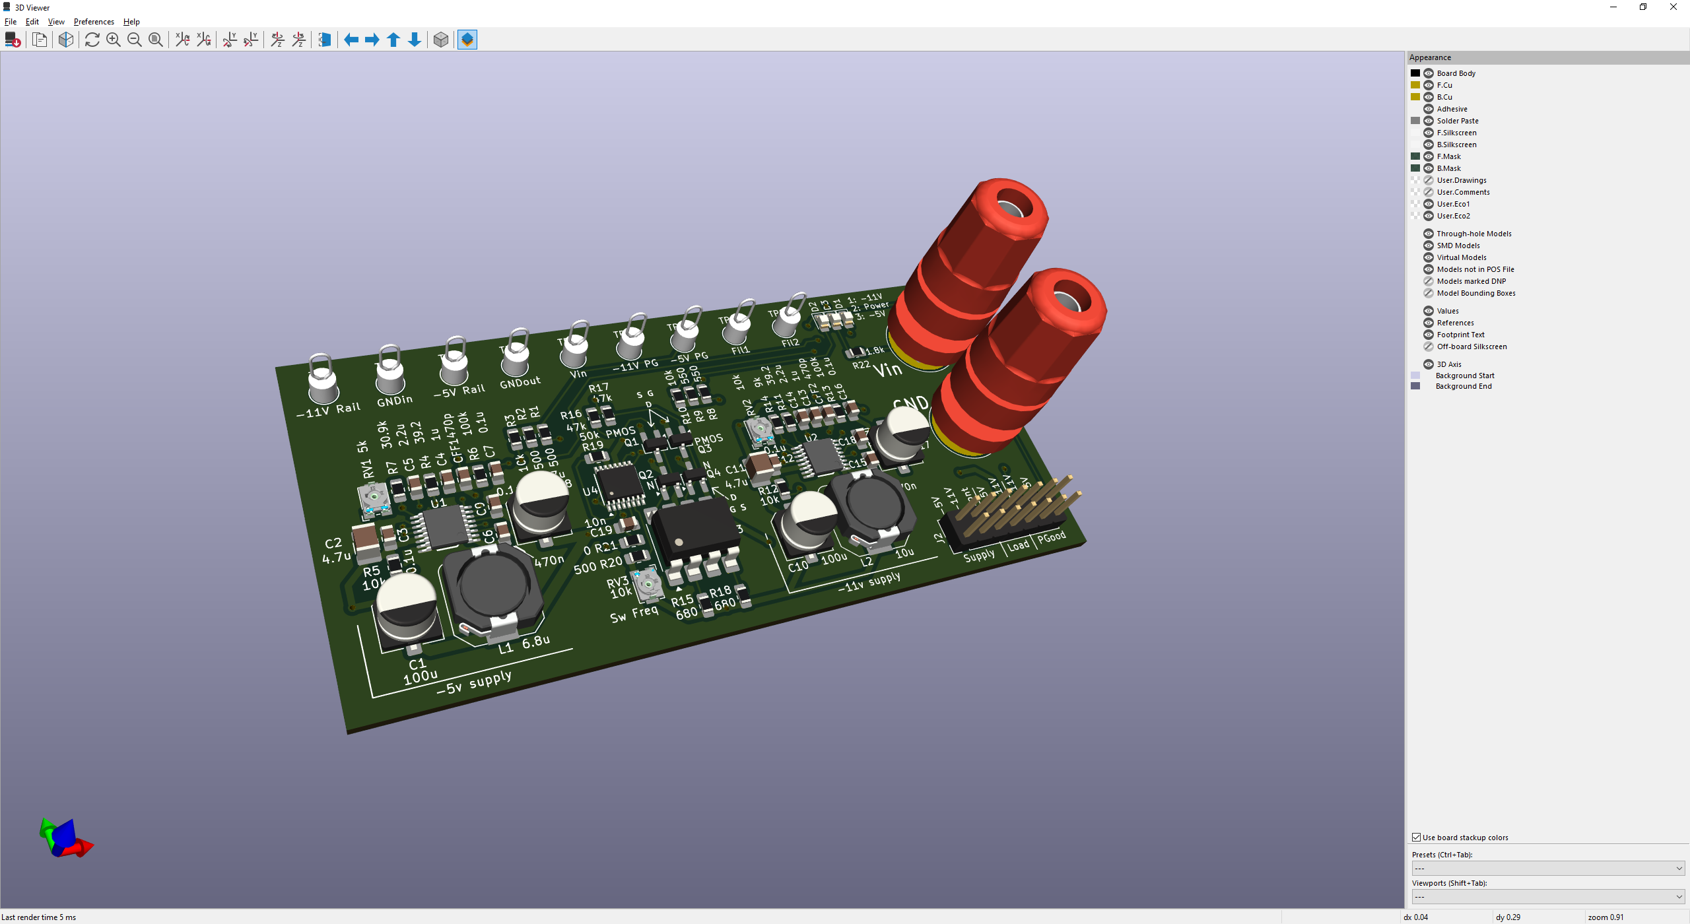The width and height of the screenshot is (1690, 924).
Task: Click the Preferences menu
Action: (94, 22)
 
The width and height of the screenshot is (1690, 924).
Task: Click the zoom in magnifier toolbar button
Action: (114, 40)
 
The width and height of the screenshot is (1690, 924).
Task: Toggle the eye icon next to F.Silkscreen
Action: (1429, 133)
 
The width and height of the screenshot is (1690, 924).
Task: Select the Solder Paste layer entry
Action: (1458, 121)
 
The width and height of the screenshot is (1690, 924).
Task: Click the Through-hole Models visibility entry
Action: (1473, 234)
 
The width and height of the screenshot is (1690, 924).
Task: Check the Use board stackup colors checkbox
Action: (1417, 838)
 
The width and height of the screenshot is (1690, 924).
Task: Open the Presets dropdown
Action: (1547, 869)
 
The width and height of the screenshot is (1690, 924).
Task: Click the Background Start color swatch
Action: (1415, 376)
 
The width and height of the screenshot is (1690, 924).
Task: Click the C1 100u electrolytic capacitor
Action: (405, 607)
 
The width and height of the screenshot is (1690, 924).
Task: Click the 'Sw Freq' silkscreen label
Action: (634, 614)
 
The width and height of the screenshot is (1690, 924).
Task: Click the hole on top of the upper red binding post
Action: (1010, 209)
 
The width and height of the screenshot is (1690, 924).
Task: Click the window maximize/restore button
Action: (1643, 7)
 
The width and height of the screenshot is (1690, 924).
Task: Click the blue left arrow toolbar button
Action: (351, 40)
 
